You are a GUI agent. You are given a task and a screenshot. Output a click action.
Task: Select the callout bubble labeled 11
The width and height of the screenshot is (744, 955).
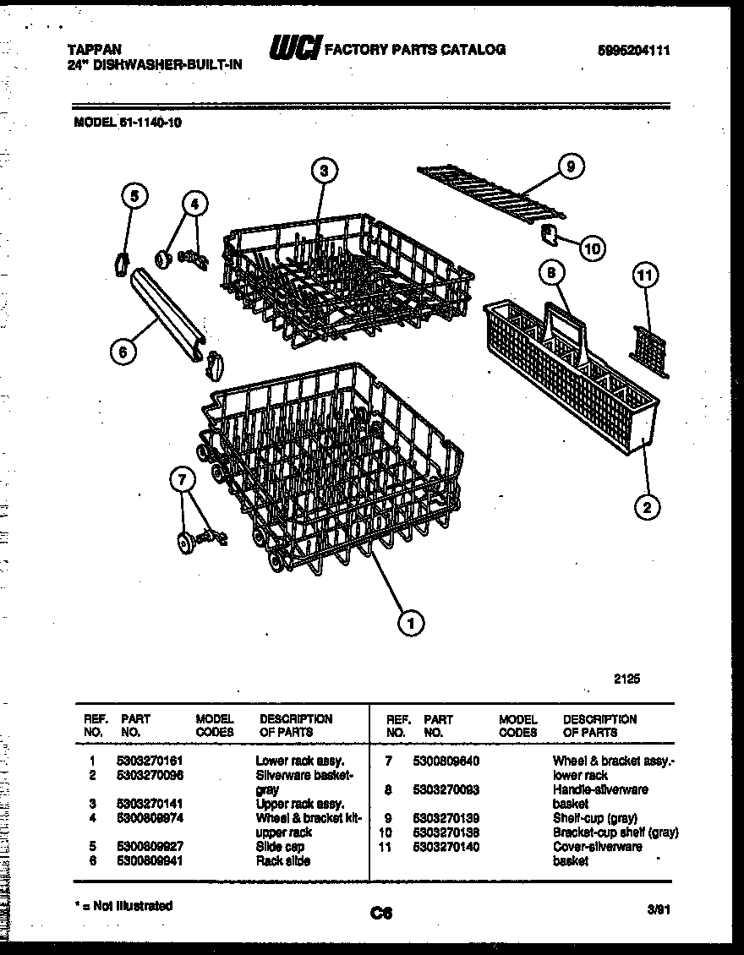pos(646,275)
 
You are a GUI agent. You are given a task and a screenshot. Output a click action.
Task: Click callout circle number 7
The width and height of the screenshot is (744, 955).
pos(183,480)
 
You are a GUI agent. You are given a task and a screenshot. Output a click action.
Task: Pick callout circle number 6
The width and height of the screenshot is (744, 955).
pos(123,352)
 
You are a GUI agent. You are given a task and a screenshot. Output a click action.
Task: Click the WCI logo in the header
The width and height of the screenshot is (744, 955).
pos(293,50)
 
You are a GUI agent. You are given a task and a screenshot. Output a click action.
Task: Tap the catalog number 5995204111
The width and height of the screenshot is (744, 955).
pos(633,51)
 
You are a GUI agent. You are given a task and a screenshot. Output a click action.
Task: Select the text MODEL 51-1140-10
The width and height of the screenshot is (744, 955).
pos(128,121)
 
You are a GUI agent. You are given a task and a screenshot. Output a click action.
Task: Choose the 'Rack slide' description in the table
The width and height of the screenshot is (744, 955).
pos(282,860)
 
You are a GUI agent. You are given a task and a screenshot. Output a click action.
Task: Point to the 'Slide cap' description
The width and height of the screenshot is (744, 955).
pos(279,846)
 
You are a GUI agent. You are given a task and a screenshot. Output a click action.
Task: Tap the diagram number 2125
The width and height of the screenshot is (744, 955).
pos(626,678)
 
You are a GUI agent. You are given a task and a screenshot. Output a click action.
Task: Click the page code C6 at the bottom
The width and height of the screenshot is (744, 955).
pos(382,912)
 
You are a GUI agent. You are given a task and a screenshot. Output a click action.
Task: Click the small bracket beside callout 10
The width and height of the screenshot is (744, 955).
pos(547,234)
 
